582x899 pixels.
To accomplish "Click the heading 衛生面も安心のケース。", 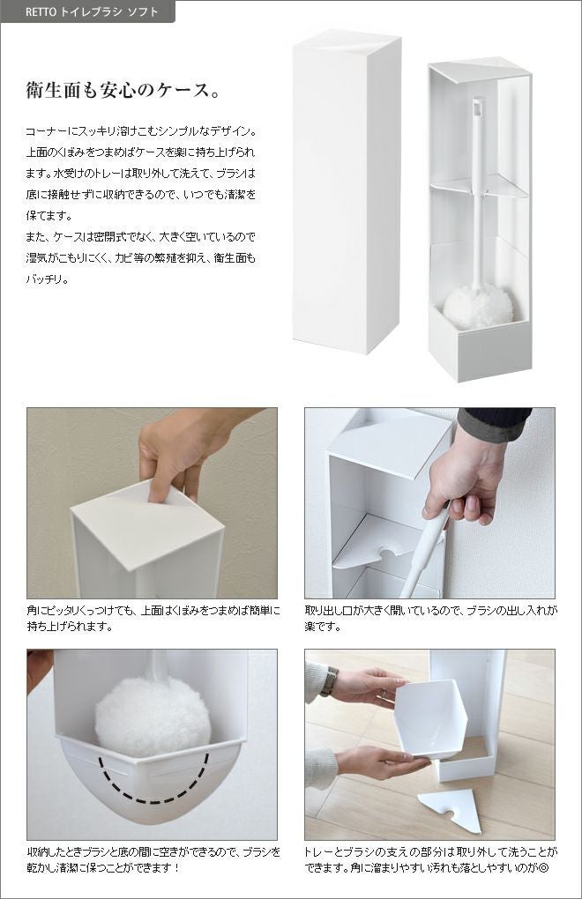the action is pos(123,91).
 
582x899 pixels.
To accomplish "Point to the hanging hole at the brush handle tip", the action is pos(477,105).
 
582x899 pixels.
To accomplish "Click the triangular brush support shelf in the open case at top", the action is pos(478,186).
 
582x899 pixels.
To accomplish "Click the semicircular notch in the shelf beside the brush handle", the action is pos(388,554).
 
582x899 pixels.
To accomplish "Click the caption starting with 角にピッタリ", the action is pos(153,619).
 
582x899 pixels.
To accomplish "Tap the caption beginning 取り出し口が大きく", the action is pos(430,619).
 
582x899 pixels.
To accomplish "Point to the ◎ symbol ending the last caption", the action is pos(543,867).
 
